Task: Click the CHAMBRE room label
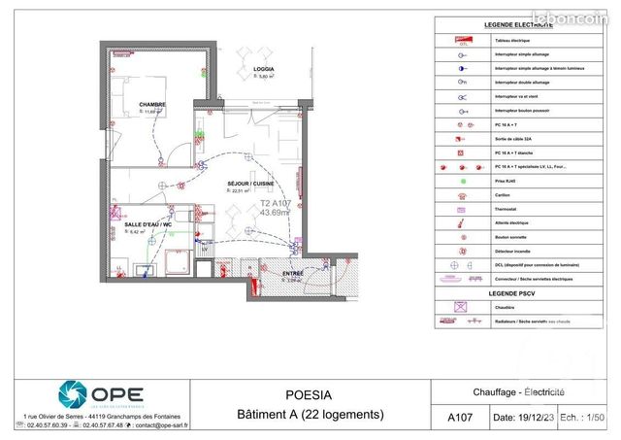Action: point(151,105)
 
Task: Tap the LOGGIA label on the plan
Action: point(263,70)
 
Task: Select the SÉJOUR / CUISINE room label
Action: point(250,183)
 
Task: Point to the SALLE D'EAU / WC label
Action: point(147,225)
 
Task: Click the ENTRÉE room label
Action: point(292,274)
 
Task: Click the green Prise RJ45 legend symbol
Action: point(449,181)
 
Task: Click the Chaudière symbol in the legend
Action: point(449,307)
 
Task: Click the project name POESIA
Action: point(310,395)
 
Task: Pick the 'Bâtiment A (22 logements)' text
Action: point(310,415)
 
